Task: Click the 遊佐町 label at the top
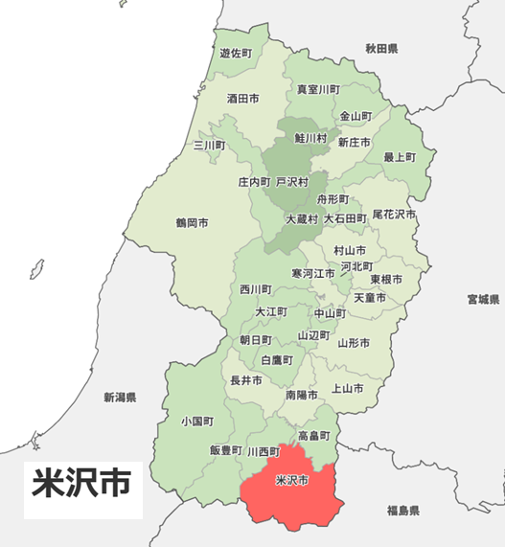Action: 235,54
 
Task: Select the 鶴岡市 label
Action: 192,223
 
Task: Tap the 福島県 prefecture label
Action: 402,511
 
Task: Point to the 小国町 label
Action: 196,422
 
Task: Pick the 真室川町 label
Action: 317,89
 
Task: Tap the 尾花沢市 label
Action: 394,214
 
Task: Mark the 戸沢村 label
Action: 292,181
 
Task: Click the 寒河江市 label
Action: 313,273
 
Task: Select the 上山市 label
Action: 346,389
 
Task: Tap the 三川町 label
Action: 209,146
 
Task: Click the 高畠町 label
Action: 313,436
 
